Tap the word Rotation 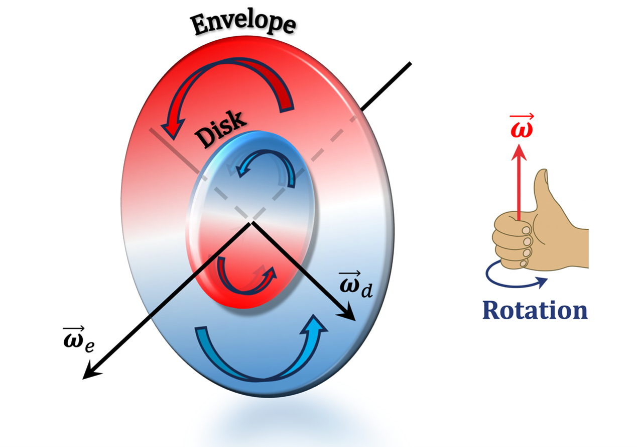click(x=535, y=310)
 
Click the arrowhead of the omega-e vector click(x=91, y=372)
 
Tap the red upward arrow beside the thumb click(x=519, y=181)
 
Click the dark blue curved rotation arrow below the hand click(x=512, y=281)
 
